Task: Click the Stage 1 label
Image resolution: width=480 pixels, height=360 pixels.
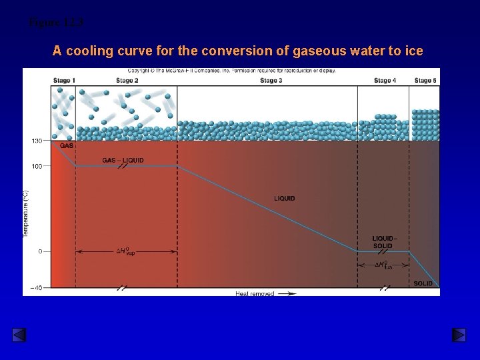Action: click(x=64, y=81)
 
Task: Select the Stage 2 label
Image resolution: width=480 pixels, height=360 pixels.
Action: click(x=127, y=81)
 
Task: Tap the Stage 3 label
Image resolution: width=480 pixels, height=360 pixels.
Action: click(x=271, y=81)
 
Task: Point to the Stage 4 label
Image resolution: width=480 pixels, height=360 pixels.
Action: click(x=385, y=81)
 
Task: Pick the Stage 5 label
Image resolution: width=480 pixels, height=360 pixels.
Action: click(x=425, y=81)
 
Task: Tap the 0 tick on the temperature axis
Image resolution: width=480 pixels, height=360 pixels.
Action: click(x=40, y=251)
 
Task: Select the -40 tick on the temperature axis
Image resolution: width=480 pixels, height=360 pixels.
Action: click(x=35, y=288)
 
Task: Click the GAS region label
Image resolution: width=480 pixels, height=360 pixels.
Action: click(x=67, y=146)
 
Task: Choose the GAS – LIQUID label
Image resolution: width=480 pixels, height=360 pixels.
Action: click(x=123, y=160)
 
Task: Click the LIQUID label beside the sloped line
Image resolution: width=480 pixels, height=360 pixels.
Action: click(x=284, y=198)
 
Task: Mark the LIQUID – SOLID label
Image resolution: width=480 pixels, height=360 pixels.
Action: click(x=384, y=242)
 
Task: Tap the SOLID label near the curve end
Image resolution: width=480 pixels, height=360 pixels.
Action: click(x=423, y=283)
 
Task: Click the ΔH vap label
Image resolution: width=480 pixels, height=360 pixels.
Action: click(x=126, y=252)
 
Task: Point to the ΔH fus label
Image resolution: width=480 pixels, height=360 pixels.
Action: click(x=383, y=265)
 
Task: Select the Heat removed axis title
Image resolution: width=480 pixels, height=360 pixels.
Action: click(x=255, y=293)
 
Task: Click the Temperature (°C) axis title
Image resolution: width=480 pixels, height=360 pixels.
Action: click(x=26, y=213)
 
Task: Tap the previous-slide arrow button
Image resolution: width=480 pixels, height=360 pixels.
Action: click(x=19, y=335)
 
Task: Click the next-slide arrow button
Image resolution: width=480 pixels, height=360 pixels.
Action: click(x=459, y=335)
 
